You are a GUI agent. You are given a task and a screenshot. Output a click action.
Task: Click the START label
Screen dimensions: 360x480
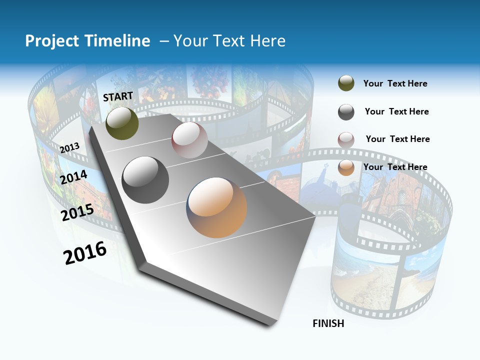[118, 96]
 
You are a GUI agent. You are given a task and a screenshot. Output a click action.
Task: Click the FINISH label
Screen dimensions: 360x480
[328, 323]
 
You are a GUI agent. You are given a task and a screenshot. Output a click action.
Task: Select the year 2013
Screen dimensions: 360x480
[70, 147]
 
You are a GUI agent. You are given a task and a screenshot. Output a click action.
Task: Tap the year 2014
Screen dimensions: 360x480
[74, 177]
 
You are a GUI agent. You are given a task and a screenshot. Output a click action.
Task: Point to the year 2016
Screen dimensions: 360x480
[85, 253]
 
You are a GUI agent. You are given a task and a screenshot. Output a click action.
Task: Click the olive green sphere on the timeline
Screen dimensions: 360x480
[122, 123]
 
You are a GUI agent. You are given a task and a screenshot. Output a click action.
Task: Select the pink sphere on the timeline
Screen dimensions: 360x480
[189, 140]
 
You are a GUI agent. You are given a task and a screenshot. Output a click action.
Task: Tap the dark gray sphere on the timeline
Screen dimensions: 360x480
[145, 180]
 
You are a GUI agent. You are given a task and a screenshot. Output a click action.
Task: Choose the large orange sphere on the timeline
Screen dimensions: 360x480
[216, 207]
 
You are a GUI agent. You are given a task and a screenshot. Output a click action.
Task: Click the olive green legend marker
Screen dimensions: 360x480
[346, 83]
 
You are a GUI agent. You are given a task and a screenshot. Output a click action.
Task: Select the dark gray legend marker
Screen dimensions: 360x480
[346, 112]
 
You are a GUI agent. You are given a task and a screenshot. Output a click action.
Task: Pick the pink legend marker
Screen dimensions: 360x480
[346, 139]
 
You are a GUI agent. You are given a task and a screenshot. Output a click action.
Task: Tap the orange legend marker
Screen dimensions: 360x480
[346, 167]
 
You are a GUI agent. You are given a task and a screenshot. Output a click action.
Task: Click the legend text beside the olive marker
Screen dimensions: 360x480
[395, 83]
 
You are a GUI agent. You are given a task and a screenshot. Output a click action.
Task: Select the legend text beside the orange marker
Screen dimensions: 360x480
[395, 167]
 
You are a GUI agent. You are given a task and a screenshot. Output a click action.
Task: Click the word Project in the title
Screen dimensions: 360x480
[52, 41]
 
